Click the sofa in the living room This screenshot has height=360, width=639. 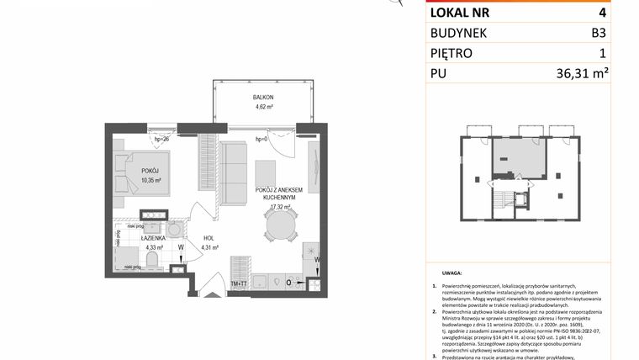234,162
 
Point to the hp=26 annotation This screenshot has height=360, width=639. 160,140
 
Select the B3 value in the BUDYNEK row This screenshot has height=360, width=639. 598,33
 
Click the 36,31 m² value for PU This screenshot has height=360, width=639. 582,74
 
